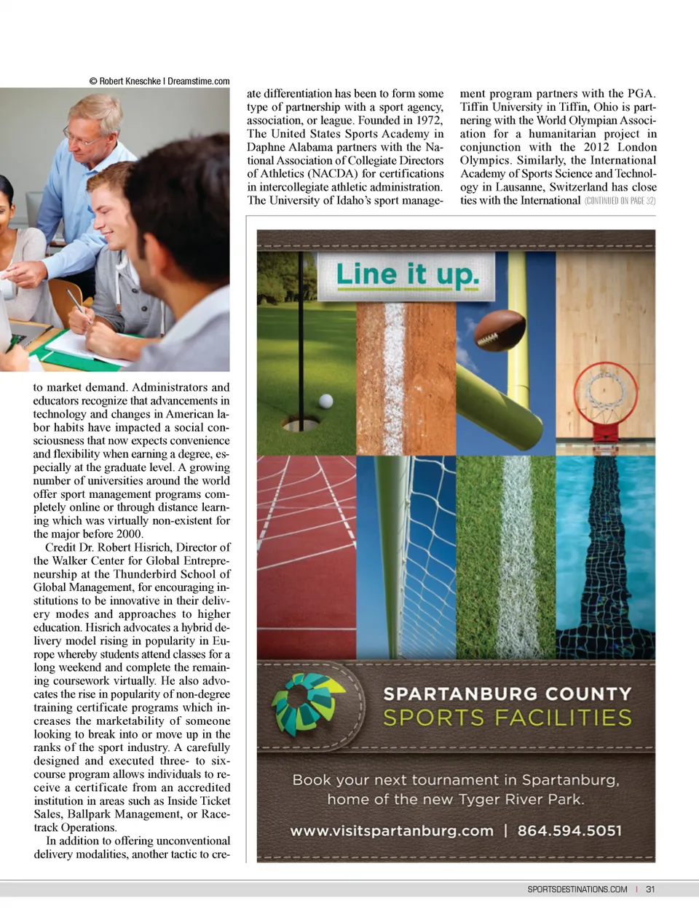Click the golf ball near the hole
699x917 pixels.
pyautogui.click(x=326, y=400)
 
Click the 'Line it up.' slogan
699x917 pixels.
pyautogui.click(x=407, y=275)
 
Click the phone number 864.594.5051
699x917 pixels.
pyautogui.click(x=569, y=830)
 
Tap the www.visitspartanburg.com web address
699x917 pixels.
pyautogui.click(x=392, y=830)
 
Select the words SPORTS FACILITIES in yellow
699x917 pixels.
pyautogui.click(x=508, y=718)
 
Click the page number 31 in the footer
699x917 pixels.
pyautogui.click(x=650, y=889)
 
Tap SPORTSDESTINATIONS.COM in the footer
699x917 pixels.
pyautogui.click(x=577, y=889)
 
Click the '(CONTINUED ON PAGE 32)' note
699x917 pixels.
pyautogui.click(x=620, y=201)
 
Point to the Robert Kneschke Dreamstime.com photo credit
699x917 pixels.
pyautogui.click(x=159, y=82)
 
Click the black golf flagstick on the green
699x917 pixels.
pyautogui.click(x=301, y=327)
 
